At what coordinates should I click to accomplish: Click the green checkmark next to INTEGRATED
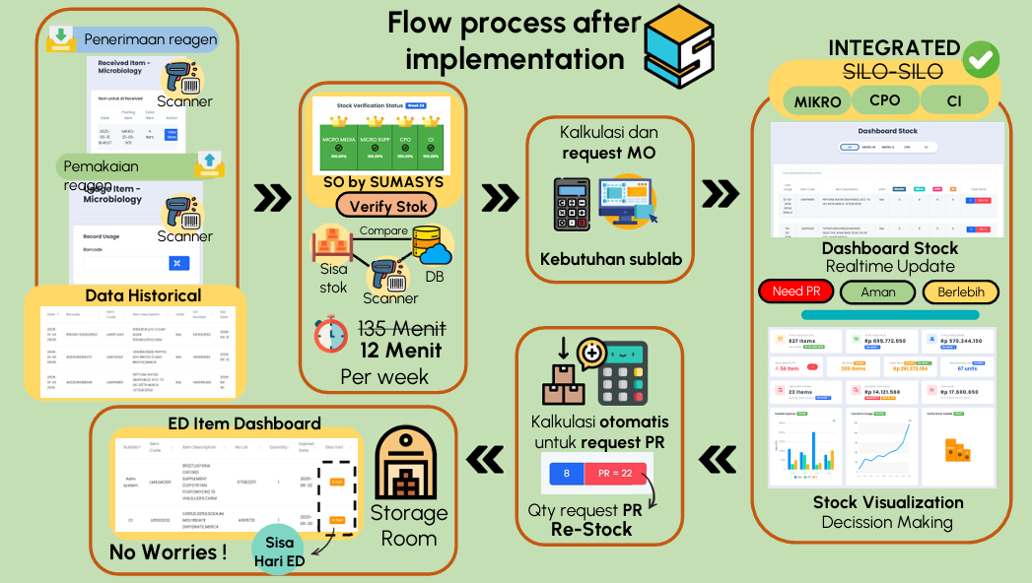[x=981, y=59]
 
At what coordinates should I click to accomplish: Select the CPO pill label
[x=884, y=100]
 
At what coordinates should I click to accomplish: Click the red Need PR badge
[x=796, y=292]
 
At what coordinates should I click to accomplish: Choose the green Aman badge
[x=877, y=292]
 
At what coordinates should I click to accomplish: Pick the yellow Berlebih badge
[x=961, y=292]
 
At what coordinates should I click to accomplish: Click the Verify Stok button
[x=381, y=206]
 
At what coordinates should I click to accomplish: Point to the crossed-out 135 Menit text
[x=401, y=329]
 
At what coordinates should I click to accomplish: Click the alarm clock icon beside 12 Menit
[x=331, y=335]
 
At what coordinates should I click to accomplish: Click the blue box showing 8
[x=566, y=473]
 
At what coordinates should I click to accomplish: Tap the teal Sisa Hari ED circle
[x=284, y=548]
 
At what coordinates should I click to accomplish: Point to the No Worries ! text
[x=168, y=551]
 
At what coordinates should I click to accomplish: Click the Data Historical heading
[x=143, y=295]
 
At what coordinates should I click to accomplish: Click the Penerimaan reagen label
[x=150, y=39]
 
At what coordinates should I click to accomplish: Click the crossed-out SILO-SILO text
[x=893, y=71]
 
